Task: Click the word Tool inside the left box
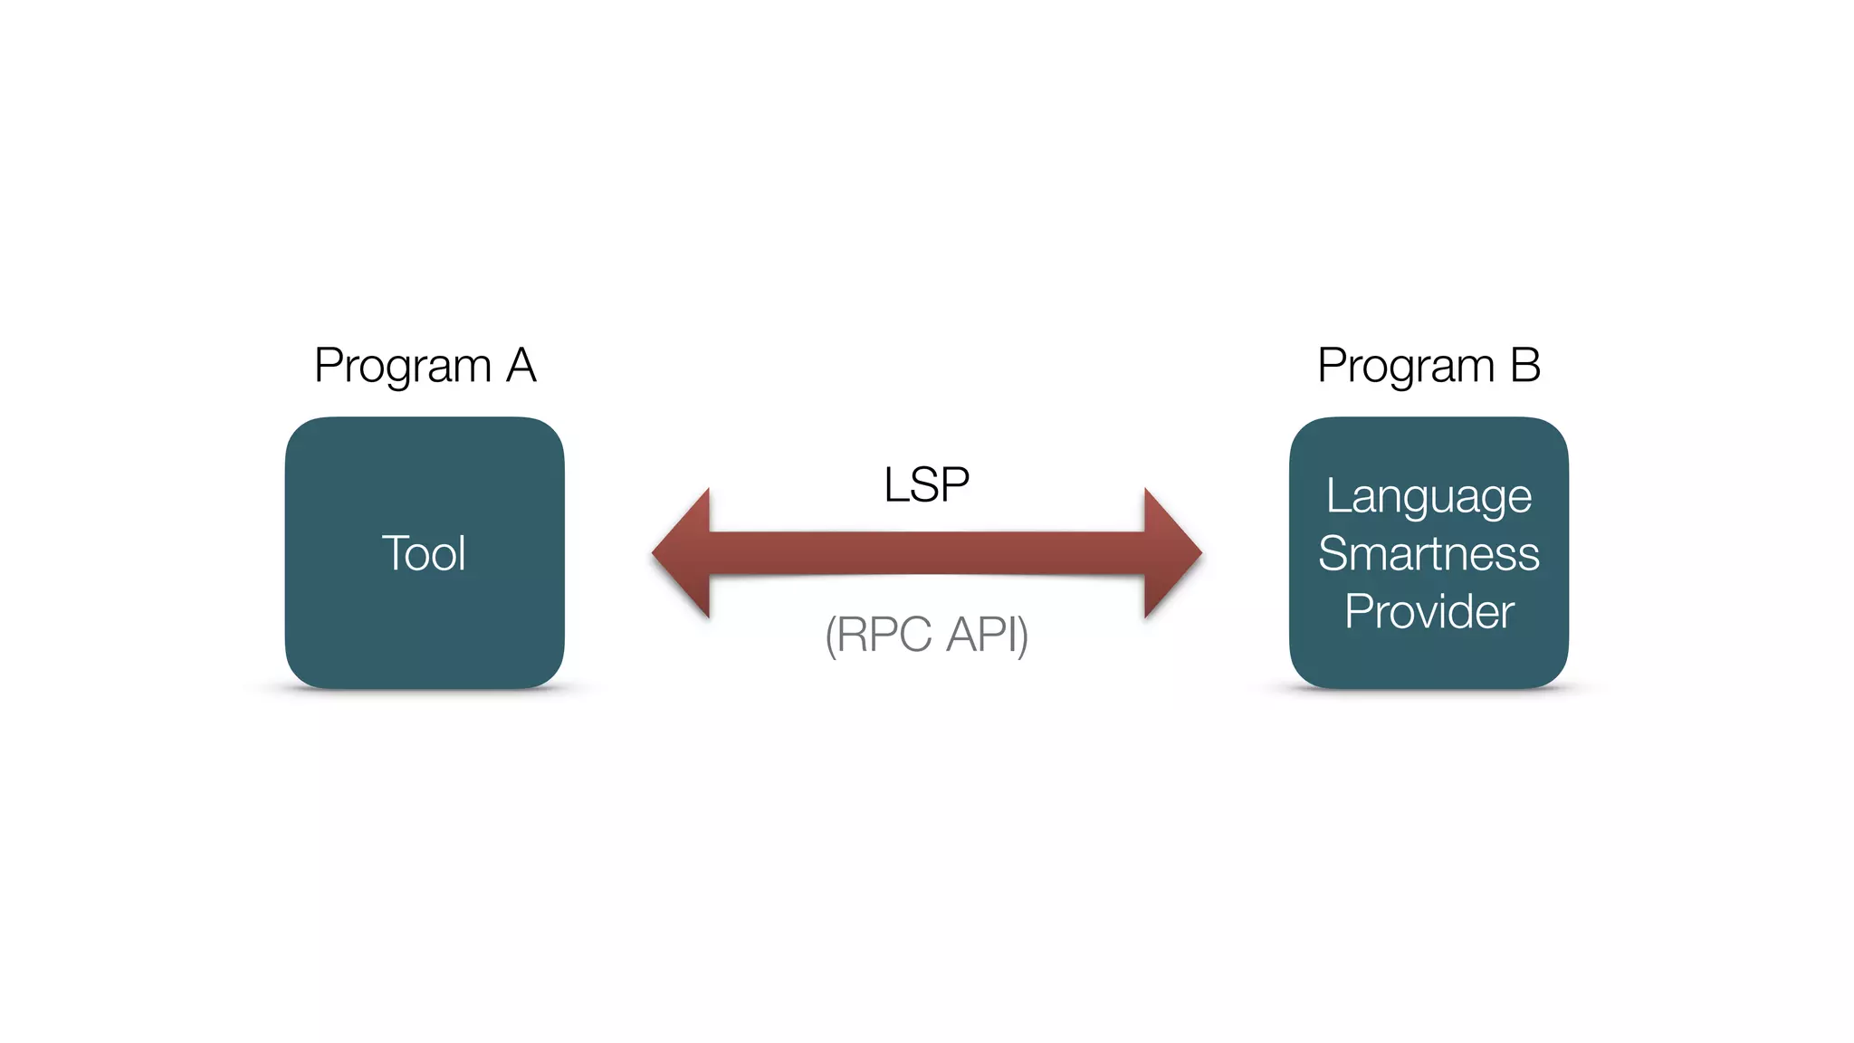424,553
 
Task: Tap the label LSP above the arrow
926,484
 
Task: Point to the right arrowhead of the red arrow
1171,553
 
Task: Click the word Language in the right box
1429,497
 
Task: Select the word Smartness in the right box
1429,554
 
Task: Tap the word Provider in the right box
1429,612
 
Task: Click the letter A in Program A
521,366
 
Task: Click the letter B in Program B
1525,366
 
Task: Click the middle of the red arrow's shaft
927,553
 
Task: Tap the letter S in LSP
926,484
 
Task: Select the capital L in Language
1336,496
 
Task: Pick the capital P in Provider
1358,611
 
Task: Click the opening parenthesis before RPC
829,636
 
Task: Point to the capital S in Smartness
1333,554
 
